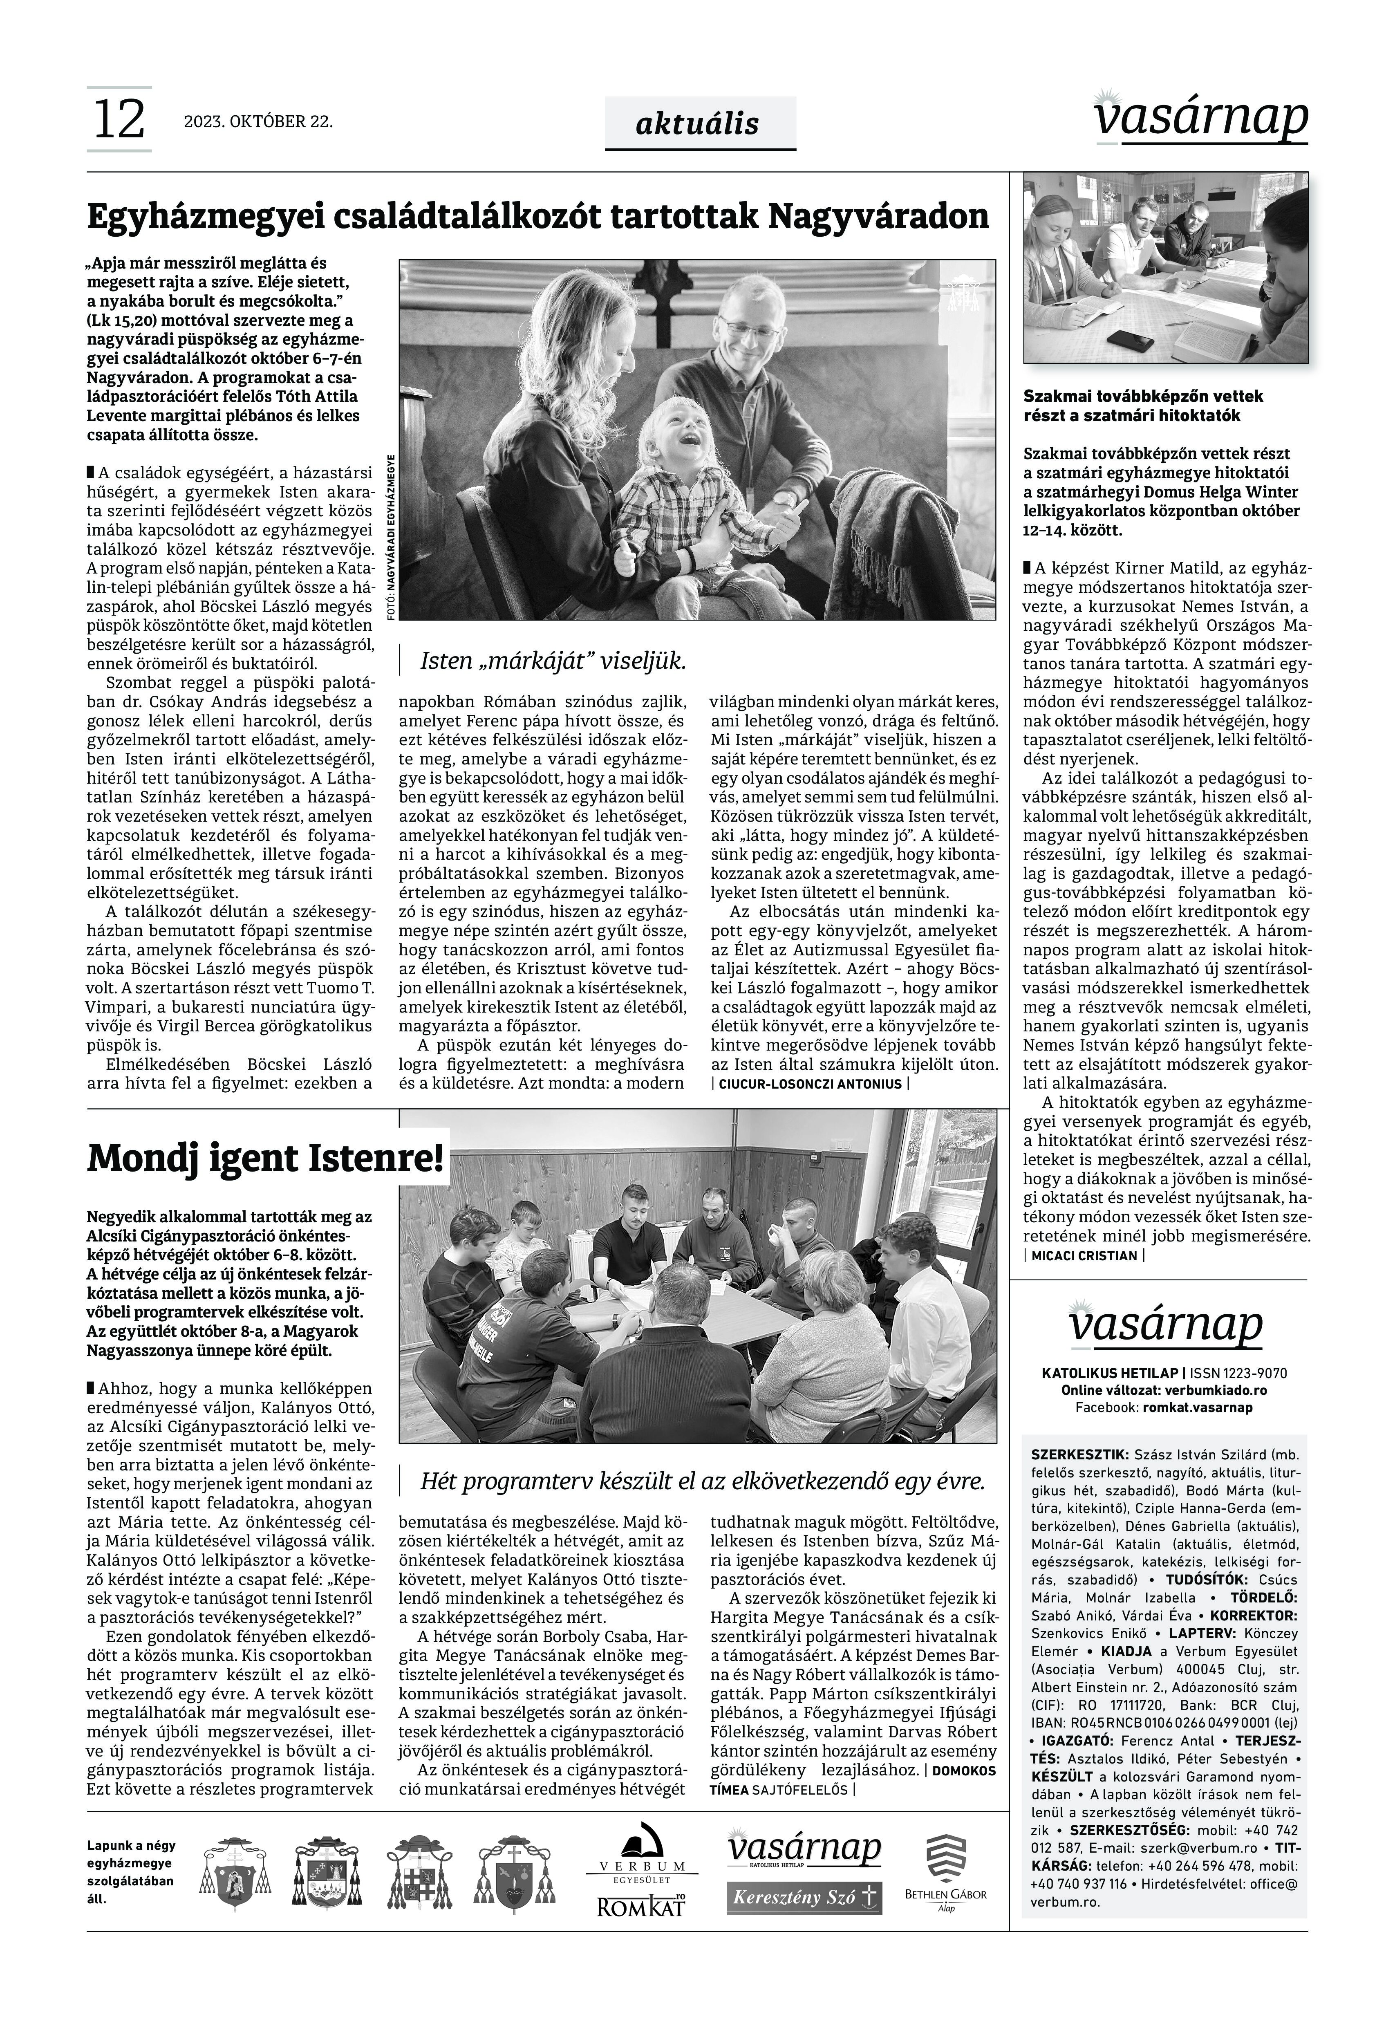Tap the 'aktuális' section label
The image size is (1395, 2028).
697,124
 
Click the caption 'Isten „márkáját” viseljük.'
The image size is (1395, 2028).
553,661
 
